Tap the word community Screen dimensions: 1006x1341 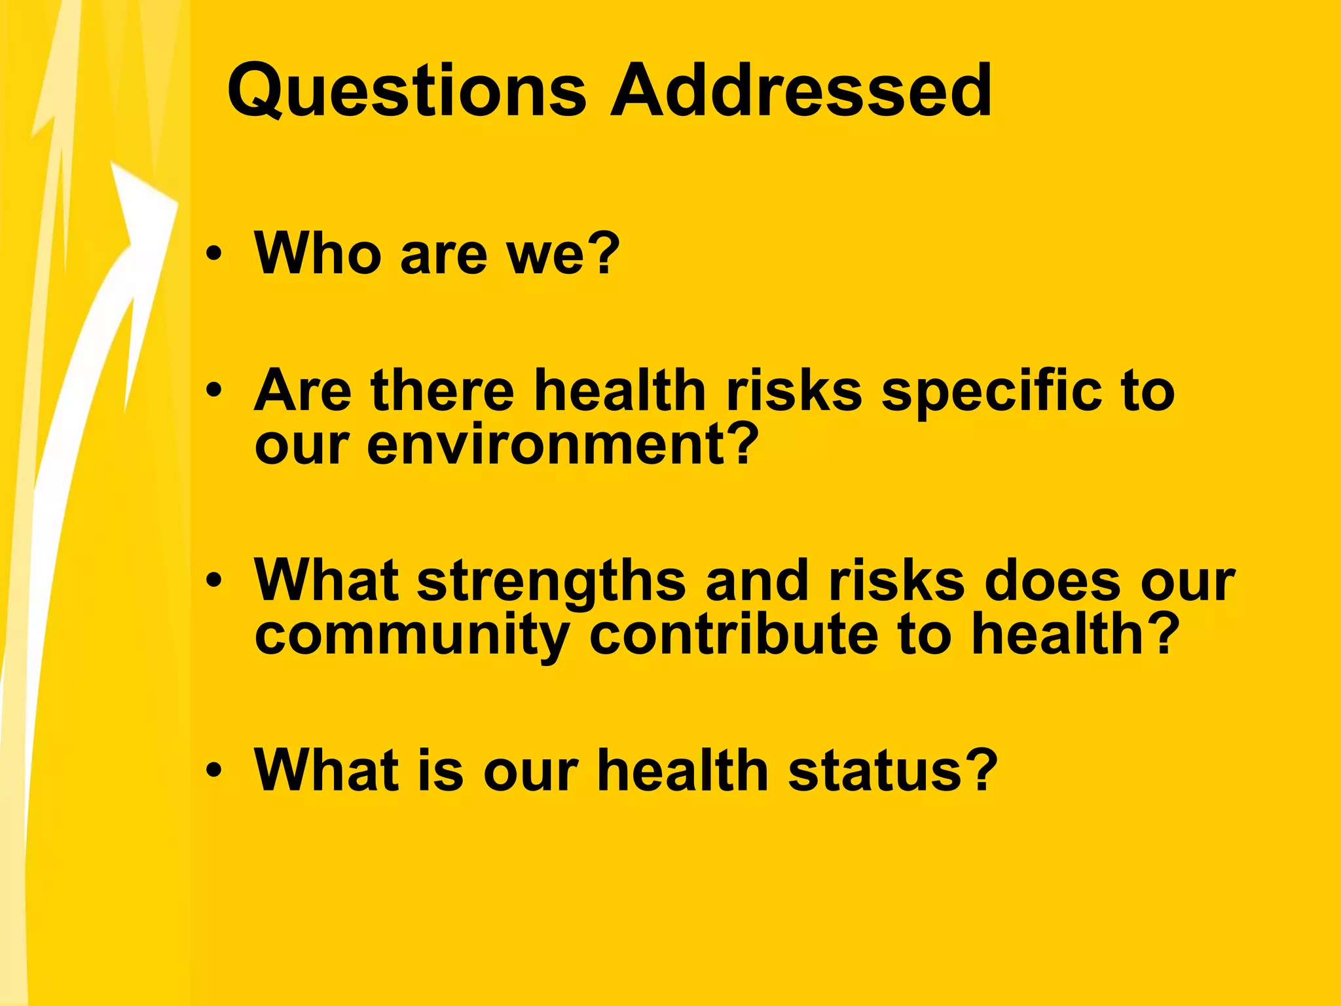(x=412, y=635)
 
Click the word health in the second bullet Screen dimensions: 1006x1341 (x=619, y=391)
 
